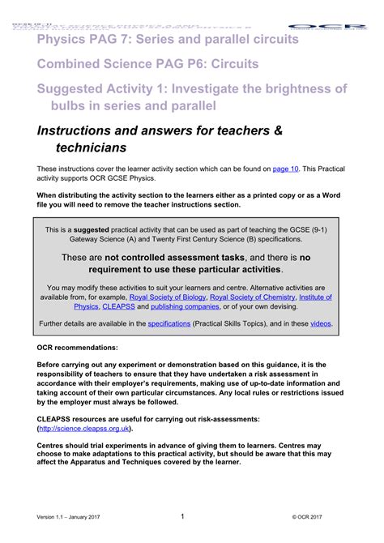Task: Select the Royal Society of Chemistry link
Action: (251, 297)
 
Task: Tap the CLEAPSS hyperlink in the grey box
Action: (118, 307)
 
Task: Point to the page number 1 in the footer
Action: (182, 515)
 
